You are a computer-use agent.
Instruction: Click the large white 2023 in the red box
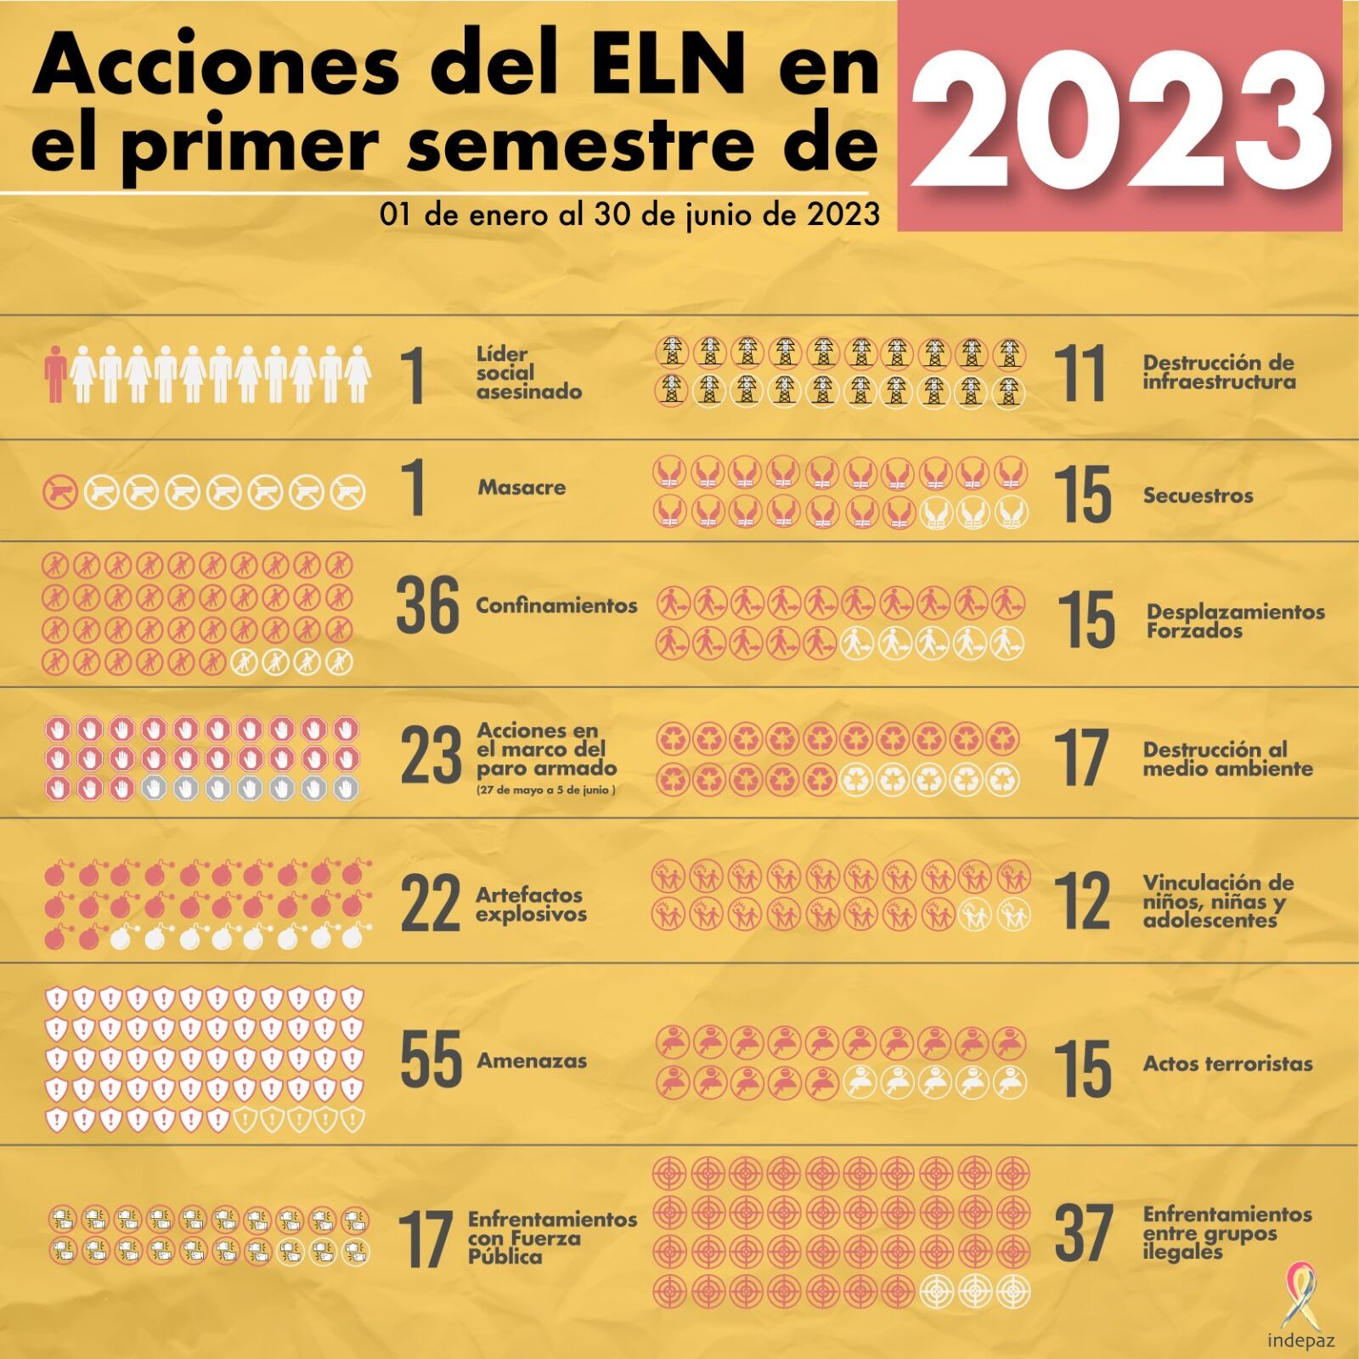(x=1119, y=116)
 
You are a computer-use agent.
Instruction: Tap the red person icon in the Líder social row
(x=56, y=374)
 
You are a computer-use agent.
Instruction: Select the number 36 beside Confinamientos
(x=427, y=606)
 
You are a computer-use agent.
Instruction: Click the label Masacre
(x=522, y=488)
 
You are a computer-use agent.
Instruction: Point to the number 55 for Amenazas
(x=431, y=1060)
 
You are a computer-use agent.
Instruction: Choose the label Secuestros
(x=1198, y=496)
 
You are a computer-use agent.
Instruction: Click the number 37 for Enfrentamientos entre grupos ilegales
(x=1083, y=1233)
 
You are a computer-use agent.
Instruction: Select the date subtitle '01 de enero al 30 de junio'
(x=629, y=215)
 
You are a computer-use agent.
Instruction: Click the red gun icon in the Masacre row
(x=62, y=492)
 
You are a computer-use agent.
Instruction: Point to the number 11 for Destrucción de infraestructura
(x=1080, y=373)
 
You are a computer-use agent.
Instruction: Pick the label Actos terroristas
(x=1227, y=1063)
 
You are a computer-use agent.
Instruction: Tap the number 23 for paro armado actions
(x=431, y=757)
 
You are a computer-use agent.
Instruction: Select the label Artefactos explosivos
(x=531, y=905)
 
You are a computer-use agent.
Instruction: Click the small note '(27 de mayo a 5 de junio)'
(x=546, y=790)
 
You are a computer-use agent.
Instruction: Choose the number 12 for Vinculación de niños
(x=1082, y=901)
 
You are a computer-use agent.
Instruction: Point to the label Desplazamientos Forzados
(x=1235, y=621)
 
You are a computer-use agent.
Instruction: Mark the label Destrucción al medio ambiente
(x=1227, y=759)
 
